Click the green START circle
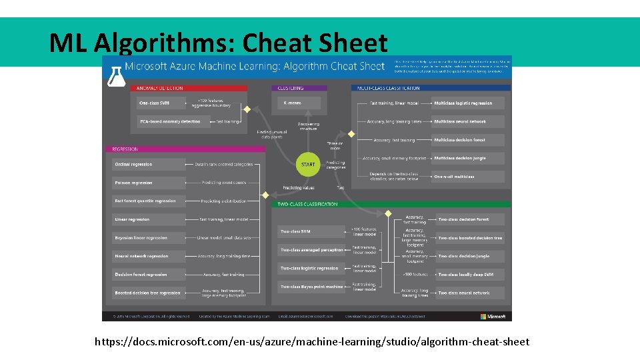coord(308,164)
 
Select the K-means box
coord(299,103)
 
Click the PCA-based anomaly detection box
coord(170,121)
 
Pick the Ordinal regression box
coord(149,164)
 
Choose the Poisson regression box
coord(149,183)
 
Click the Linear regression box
coord(149,219)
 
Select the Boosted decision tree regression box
coord(149,293)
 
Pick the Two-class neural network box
coord(470,293)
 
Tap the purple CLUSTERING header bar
coord(299,88)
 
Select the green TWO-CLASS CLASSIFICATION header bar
coord(391,204)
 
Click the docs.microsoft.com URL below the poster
coord(312,341)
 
